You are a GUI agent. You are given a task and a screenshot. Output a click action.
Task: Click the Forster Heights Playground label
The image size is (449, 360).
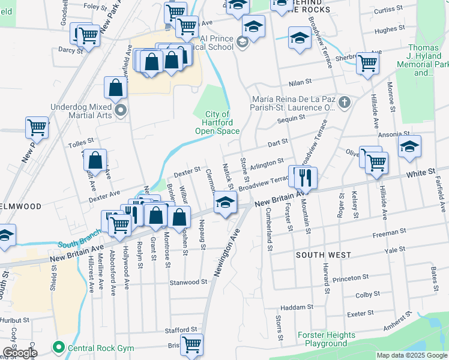[326, 340]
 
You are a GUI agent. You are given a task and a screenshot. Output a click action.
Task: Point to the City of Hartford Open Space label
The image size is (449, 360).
[217, 122]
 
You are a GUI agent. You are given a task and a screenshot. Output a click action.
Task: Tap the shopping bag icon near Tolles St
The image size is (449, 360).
[95, 160]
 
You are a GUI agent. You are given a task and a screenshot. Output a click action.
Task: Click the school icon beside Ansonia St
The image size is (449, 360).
[409, 146]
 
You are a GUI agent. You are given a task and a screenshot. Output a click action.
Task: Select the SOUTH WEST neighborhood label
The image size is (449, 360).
[324, 255]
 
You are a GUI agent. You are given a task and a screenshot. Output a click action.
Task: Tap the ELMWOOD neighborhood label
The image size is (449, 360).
[21, 206]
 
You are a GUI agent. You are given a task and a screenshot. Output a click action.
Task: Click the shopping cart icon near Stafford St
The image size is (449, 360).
[192, 345]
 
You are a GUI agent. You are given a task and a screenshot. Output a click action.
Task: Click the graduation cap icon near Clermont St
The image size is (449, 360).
[225, 202]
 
